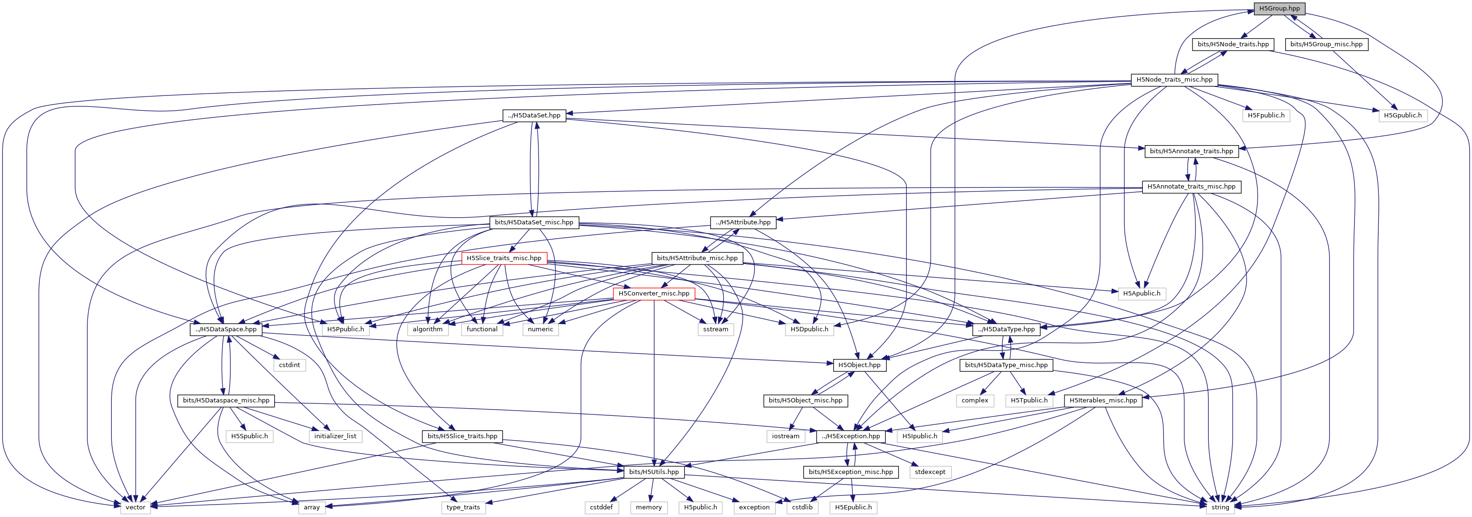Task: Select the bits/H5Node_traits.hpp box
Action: tap(1233, 44)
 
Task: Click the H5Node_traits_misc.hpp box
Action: tap(1174, 79)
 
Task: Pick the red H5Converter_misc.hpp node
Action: tap(654, 294)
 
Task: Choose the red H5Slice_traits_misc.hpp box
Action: tap(504, 258)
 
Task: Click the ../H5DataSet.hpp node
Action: tap(534, 116)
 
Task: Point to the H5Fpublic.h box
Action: tap(1266, 116)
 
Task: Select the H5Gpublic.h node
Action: tap(1402, 116)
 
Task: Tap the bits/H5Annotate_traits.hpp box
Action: tap(1191, 151)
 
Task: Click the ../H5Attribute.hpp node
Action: tap(743, 222)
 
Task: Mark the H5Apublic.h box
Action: tap(1141, 294)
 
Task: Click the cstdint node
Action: tap(289, 365)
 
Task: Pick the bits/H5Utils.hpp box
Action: tap(654, 472)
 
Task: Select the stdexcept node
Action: tap(930, 472)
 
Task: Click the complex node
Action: tap(974, 401)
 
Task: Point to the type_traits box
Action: tap(463, 507)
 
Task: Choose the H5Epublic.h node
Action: tap(853, 507)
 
